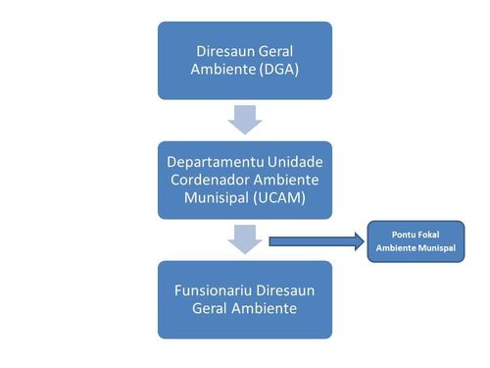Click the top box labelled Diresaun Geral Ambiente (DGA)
tap(245, 60)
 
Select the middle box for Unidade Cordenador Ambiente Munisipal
tap(245, 180)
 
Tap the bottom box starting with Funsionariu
tap(245, 299)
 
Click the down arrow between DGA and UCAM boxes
tap(245, 120)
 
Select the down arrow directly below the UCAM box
tap(245, 237)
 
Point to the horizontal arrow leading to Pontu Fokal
tap(314, 241)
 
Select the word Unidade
tap(291, 160)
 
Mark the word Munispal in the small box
tap(436, 248)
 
